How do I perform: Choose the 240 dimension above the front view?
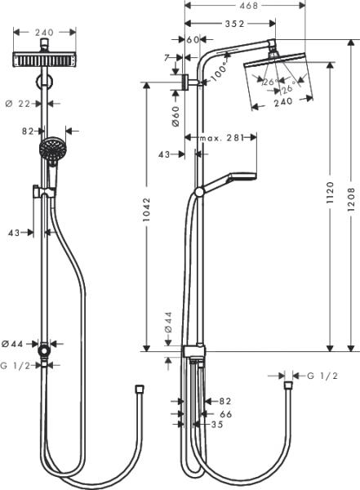pos(44,33)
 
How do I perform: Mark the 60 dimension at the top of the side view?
pos(193,39)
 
